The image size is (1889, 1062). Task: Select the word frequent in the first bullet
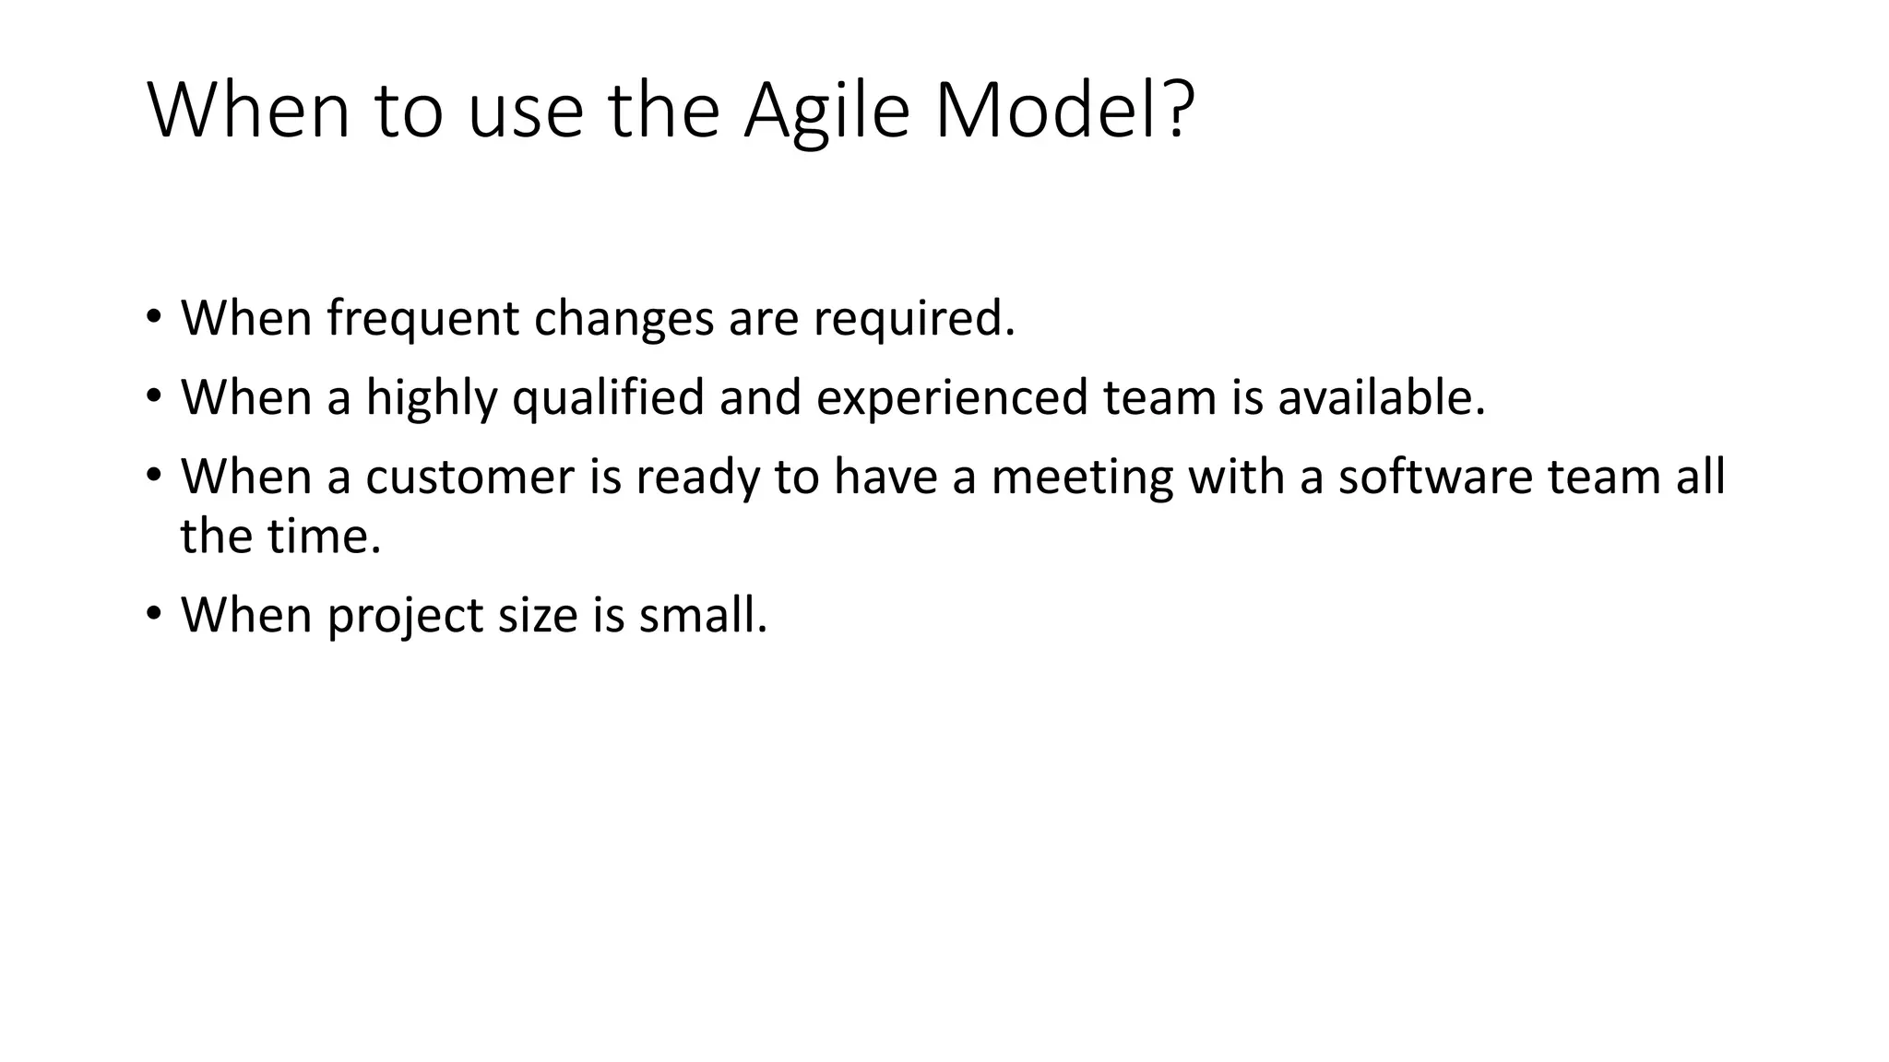point(423,319)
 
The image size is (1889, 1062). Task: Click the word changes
point(624,319)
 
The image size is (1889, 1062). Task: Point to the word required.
point(913,319)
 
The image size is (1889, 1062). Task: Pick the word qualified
point(608,398)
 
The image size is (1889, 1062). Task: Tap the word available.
point(1381,398)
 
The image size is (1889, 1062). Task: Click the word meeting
point(1081,478)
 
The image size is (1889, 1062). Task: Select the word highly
point(431,398)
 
